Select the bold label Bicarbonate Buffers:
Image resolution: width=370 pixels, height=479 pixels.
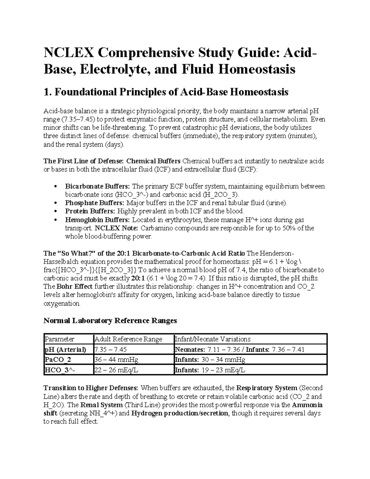(x=98, y=186)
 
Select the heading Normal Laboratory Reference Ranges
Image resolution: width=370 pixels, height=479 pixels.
(x=110, y=320)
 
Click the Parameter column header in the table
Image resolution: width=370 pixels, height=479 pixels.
(x=60, y=339)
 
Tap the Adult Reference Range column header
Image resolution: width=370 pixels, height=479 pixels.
(x=128, y=339)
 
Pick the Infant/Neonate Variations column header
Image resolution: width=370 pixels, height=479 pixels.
(x=212, y=339)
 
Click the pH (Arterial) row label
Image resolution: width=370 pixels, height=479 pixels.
(x=65, y=349)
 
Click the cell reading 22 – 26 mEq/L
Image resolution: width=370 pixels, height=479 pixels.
(x=116, y=370)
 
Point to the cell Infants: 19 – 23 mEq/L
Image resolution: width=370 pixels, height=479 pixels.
(x=210, y=370)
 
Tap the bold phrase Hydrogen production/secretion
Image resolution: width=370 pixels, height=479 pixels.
(x=180, y=413)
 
